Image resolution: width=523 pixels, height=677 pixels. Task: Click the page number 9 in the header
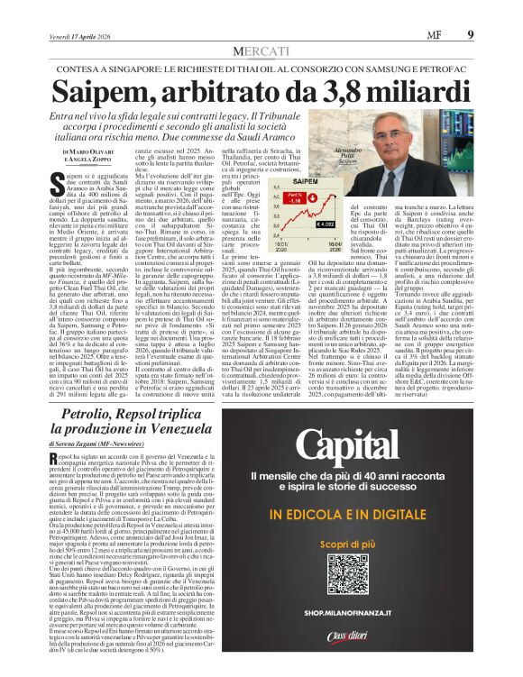[494, 10]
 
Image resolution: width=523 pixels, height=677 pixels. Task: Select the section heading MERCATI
[261, 28]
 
